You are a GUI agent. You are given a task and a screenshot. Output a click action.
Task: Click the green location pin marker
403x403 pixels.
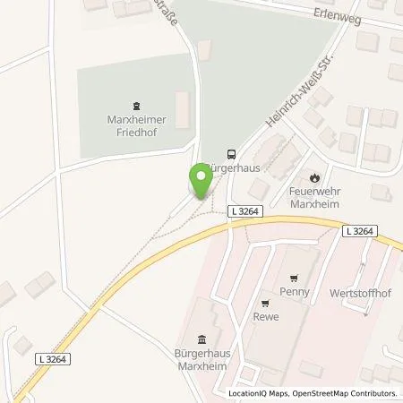click(201, 182)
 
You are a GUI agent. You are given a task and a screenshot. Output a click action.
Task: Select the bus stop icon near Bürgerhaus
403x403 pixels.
click(232, 153)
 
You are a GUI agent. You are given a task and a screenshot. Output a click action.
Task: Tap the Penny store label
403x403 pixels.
click(294, 291)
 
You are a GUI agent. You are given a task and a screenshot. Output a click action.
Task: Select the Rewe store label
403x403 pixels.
click(265, 314)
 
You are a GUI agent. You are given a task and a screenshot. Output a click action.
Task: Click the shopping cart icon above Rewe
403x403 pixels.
click(265, 302)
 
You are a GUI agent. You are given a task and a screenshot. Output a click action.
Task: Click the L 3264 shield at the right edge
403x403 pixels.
click(360, 231)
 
